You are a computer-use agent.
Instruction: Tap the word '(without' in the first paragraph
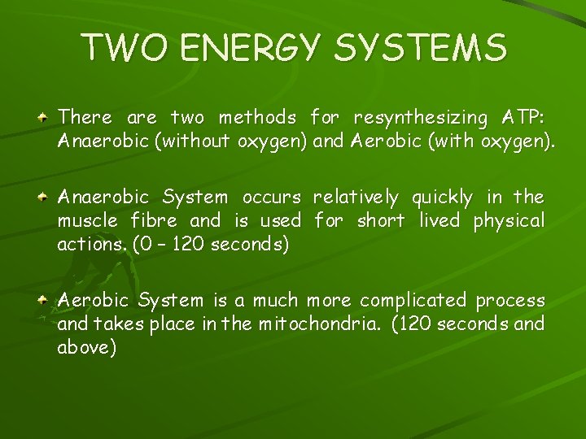[x=191, y=143]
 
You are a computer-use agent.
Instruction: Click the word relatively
[x=356, y=198]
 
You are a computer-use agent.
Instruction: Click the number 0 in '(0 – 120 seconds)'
[x=138, y=245]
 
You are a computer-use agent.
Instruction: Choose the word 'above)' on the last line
[x=87, y=347]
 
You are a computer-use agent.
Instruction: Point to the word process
[x=511, y=300]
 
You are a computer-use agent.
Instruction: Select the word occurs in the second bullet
[x=271, y=198]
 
